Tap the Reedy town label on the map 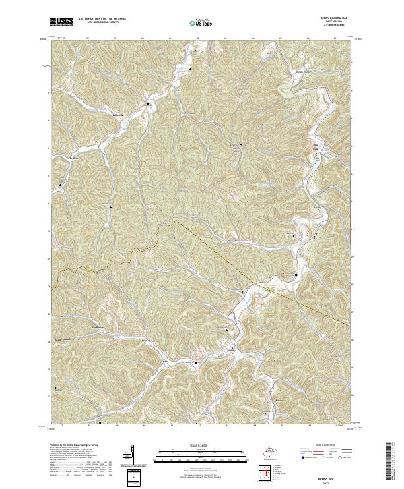[x=232, y=352]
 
